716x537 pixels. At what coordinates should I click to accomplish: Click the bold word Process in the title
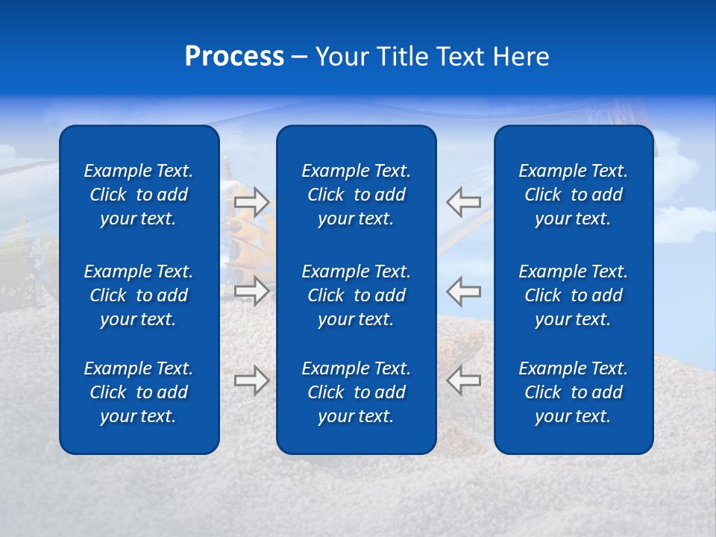[x=234, y=57]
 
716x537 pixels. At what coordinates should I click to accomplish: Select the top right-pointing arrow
[x=252, y=202]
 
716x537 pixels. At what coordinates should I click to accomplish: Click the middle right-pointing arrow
[x=252, y=290]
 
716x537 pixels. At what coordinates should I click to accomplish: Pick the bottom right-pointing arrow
[x=252, y=380]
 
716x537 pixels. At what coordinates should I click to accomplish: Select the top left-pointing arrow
[x=463, y=202]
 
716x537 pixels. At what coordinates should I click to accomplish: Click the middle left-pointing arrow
[x=463, y=290]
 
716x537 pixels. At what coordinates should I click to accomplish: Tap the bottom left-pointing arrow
[x=463, y=380]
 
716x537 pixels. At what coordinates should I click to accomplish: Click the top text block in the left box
[x=139, y=195]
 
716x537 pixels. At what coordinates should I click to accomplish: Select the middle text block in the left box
[x=139, y=295]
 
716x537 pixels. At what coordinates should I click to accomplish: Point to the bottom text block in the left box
[x=139, y=392]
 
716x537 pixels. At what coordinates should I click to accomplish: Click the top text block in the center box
[x=357, y=195]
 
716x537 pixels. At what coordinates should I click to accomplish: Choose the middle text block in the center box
[x=357, y=295]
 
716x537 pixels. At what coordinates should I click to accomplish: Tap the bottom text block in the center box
[x=357, y=392]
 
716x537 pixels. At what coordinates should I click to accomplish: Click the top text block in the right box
[x=574, y=195]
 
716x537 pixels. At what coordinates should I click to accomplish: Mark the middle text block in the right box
[x=574, y=295]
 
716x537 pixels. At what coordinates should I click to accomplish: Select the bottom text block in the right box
[x=574, y=392]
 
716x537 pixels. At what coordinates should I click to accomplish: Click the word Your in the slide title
[x=341, y=57]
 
